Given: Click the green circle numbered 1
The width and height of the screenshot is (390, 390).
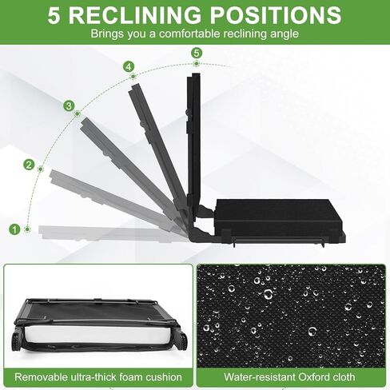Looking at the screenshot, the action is [x=14, y=229].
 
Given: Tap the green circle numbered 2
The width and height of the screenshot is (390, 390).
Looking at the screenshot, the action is [x=29, y=165].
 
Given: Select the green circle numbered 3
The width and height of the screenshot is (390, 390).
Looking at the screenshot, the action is [x=69, y=106].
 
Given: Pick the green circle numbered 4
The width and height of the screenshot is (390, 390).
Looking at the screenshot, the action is [x=129, y=66].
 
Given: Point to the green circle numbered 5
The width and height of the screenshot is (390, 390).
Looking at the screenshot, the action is [x=197, y=53].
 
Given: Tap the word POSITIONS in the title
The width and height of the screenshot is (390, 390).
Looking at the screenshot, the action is [x=276, y=15].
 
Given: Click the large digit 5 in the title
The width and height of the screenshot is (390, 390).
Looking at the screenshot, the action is [x=54, y=15].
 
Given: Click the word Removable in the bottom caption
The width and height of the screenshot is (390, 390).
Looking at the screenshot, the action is [x=41, y=377].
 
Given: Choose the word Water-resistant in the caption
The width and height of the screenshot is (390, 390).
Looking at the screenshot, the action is [x=260, y=377].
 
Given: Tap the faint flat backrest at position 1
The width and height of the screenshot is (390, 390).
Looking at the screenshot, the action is [x=106, y=233].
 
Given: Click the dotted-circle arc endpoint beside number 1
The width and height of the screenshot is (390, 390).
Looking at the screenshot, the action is [x=27, y=229].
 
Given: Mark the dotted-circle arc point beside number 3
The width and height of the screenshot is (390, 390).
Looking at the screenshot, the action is [x=78, y=114].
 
